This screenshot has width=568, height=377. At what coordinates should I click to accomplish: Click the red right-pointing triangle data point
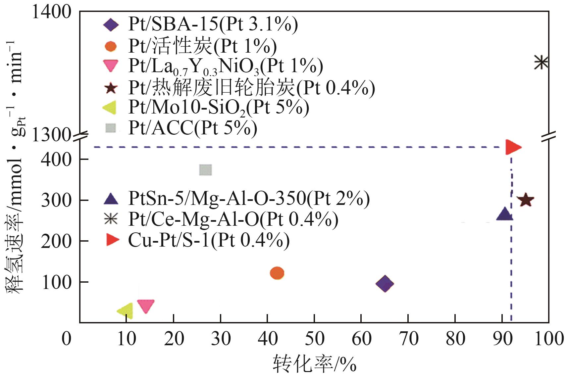(513, 147)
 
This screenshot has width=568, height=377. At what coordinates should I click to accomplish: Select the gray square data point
(206, 170)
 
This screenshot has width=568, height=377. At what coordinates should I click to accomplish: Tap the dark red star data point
(526, 200)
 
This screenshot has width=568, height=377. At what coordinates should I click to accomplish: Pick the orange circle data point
(277, 273)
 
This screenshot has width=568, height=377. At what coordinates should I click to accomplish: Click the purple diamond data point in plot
(385, 284)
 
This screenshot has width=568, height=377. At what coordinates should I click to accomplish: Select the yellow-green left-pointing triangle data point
(126, 311)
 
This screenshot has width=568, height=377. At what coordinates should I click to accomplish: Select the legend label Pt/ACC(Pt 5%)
(192, 128)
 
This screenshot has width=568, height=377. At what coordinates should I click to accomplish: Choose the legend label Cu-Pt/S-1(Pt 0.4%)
(209, 240)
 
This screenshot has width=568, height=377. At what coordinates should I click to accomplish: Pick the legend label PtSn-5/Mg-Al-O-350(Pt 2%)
(249, 199)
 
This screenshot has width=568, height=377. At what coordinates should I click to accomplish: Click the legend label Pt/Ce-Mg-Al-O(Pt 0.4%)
(233, 219)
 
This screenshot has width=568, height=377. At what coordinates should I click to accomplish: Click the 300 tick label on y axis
(56, 200)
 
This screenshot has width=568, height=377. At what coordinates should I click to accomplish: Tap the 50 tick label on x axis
(314, 339)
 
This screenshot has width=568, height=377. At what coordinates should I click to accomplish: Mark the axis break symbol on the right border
(548, 136)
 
